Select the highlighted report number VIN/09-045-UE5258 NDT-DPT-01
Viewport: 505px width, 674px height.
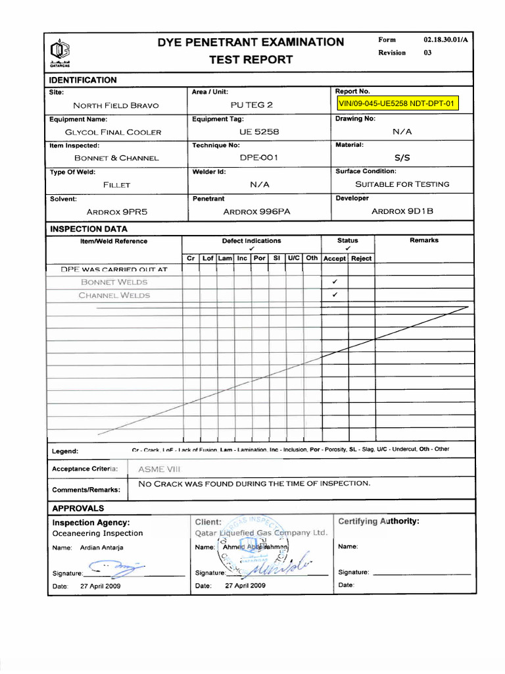[397, 104]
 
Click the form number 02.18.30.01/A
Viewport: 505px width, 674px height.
[446, 40]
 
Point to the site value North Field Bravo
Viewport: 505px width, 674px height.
[116, 105]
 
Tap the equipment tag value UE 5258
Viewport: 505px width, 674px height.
[260, 132]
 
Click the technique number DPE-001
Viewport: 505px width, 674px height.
[259, 158]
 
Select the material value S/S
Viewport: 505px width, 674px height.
[402, 158]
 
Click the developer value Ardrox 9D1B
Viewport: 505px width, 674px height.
[402, 211]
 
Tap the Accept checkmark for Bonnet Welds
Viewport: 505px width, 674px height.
[335, 282]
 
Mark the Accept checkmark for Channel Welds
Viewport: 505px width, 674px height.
[335, 295]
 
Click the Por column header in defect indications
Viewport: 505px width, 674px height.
[260, 259]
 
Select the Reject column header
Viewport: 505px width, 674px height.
[361, 259]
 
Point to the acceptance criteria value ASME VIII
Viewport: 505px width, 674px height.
[160, 469]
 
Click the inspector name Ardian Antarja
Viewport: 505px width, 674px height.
[101, 548]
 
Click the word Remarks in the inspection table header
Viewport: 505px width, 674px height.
[423, 241]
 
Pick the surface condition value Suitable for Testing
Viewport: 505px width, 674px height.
[402, 184]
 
